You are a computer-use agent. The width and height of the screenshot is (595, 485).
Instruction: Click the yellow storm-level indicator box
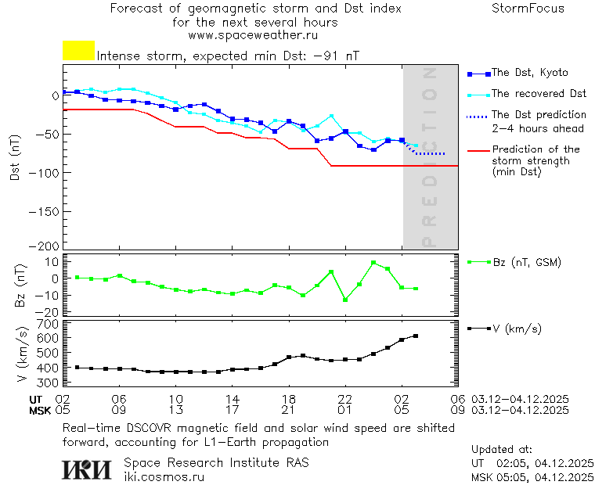[78, 51]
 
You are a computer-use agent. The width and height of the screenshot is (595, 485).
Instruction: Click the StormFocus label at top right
[528, 9]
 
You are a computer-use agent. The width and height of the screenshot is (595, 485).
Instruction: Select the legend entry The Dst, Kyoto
[529, 73]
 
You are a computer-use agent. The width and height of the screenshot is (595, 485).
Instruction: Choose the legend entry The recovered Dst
[539, 94]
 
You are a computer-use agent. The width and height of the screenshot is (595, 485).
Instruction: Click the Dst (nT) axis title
[15, 157]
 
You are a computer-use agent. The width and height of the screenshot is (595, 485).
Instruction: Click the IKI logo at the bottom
[88, 469]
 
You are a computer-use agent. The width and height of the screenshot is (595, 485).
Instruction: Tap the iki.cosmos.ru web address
[164, 476]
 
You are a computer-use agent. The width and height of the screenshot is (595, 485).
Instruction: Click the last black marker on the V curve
[416, 336]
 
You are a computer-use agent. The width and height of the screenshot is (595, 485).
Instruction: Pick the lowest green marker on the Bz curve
[345, 300]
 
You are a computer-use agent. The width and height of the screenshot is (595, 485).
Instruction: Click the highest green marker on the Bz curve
[373, 262]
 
